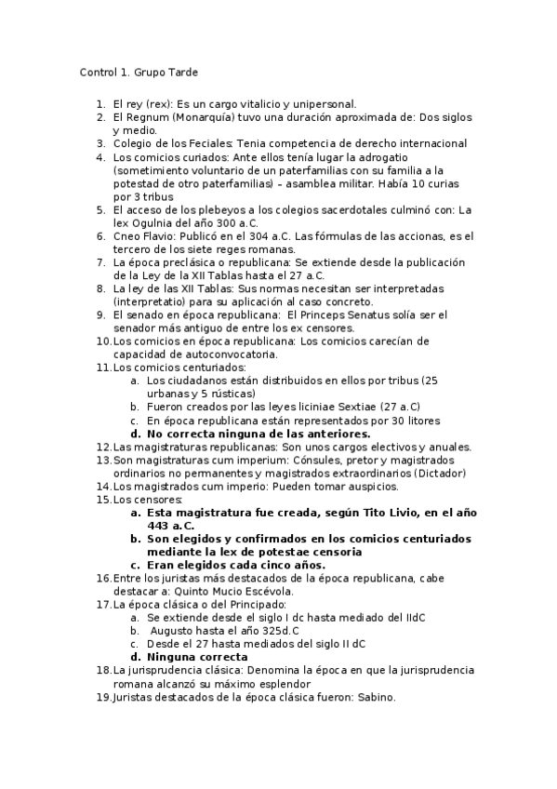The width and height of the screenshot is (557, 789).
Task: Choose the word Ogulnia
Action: [149, 223]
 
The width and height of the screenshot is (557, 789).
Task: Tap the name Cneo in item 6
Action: [128, 236]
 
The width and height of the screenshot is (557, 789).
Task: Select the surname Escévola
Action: [265, 591]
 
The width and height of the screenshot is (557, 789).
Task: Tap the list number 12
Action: [102, 447]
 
